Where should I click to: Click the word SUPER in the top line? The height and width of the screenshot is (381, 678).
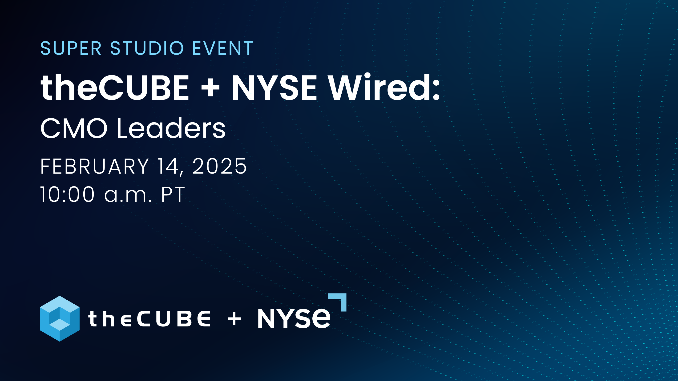[x=71, y=48]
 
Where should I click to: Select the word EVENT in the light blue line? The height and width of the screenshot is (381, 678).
[x=223, y=48]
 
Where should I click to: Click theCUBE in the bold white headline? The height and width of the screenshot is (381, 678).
[x=115, y=87]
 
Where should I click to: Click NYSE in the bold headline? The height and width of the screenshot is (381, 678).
[x=274, y=87]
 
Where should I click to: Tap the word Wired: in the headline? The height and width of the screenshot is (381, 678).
[x=384, y=87]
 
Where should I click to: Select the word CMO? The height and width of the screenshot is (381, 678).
[x=74, y=128]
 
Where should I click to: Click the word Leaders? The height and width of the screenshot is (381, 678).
[x=171, y=128]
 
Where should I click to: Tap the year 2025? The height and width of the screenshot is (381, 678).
[x=219, y=167]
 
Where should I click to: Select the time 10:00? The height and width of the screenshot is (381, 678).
[x=67, y=194]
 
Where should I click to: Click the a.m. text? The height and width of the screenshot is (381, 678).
[x=128, y=196]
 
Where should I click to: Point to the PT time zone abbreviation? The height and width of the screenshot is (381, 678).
[x=173, y=194]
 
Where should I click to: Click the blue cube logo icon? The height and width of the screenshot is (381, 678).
[x=60, y=319]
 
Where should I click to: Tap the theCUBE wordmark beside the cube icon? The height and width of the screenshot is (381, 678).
[x=149, y=318]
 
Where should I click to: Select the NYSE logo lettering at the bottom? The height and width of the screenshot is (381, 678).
[x=294, y=318]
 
